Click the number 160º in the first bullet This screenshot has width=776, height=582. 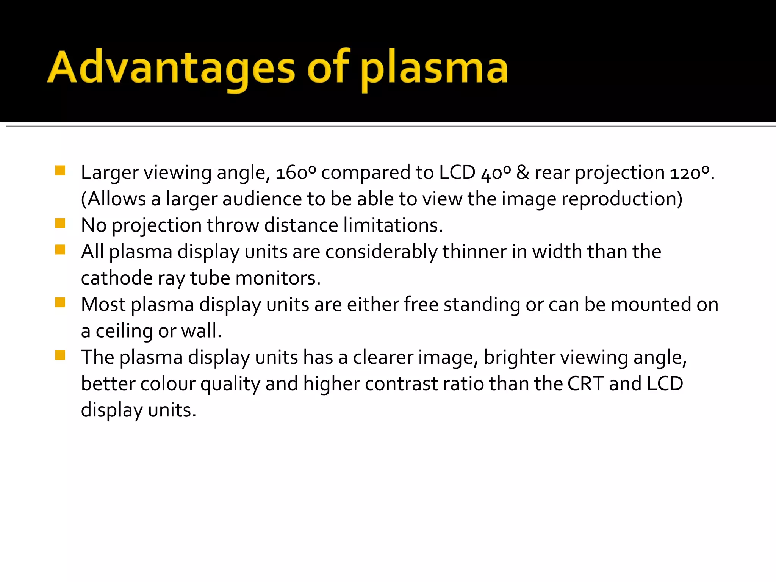coord(296,173)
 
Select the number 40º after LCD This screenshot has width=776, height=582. coord(496,173)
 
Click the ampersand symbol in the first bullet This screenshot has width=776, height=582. coord(523,173)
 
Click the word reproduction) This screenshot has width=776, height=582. coord(621,199)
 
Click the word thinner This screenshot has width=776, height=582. coord(474,252)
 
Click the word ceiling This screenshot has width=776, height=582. coord(124,331)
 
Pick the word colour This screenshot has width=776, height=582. coord(167,383)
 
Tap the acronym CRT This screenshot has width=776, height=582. coord(585,383)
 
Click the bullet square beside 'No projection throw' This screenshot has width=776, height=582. coord(60,224)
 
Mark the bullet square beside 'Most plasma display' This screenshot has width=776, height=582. coord(60,302)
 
